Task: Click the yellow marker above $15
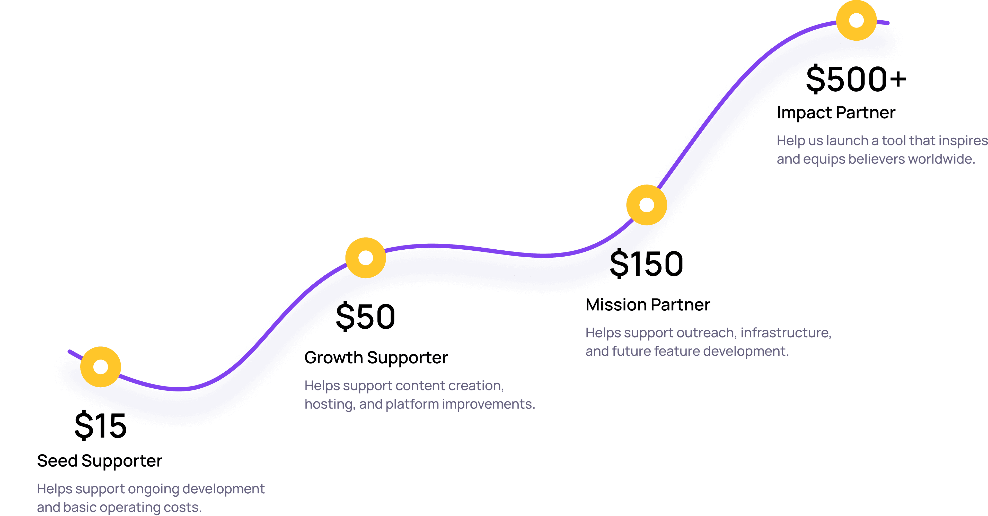pyautogui.click(x=101, y=367)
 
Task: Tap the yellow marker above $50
pyautogui.click(x=366, y=258)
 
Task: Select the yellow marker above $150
pyautogui.click(x=647, y=205)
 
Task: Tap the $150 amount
pyautogui.click(x=647, y=264)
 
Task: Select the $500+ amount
pyautogui.click(x=856, y=80)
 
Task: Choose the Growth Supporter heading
pyautogui.click(x=376, y=357)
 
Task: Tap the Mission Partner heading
pyautogui.click(x=648, y=305)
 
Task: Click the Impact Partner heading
pyautogui.click(x=836, y=113)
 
